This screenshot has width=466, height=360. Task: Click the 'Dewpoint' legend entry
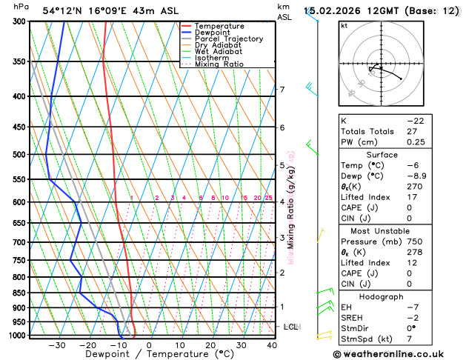click(x=212, y=33)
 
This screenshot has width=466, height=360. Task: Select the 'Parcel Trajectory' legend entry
click(x=228, y=39)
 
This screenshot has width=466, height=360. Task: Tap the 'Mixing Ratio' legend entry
click(x=219, y=64)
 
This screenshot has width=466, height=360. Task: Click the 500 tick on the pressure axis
click(x=19, y=155)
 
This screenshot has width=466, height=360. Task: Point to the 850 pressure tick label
click(x=19, y=293)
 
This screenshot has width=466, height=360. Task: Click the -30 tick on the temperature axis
click(x=56, y=345)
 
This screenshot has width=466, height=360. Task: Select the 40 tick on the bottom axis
click(x=272, y=345)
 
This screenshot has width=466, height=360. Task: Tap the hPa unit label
click(x=21, y=7)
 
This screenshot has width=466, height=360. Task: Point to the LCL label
click(x=290, y=327)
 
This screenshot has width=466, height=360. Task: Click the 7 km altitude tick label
click(x=282, y=90)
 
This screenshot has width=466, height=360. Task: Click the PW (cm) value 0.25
click(x=414, y=142)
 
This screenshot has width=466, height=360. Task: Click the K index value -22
click(x=414, y=120)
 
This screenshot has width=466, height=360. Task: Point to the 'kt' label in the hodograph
click(x=344, y=25)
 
